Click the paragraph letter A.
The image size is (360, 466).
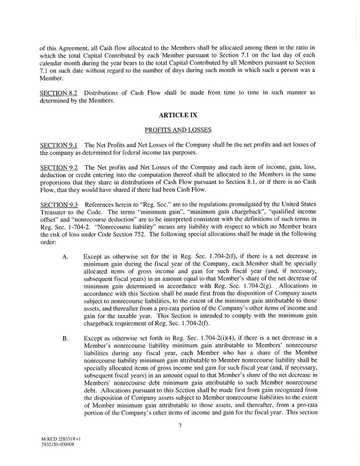pyautogui.click(x=65, y=256)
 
